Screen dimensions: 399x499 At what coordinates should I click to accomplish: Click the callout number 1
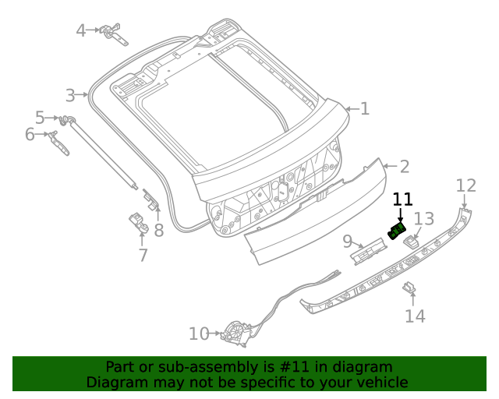coord(364,109)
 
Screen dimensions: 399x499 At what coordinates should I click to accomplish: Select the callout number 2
coord(404,166)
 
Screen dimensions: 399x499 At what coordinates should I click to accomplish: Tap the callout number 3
coord(71,95)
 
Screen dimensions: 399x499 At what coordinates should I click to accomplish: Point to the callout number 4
coord(82,30)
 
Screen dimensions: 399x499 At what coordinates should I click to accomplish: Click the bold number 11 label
coord(402,199)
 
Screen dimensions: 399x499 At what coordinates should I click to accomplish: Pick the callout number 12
coord(465,185)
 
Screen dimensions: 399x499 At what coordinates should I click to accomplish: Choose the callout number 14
coord(415,316)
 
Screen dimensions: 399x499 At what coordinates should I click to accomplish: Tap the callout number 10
coord(199,334)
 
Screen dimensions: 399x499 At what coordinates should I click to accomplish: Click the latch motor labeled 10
coord(235,334)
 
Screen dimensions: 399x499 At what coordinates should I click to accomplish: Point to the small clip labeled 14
coord(409,289)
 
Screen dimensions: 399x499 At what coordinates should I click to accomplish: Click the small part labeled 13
coord(412,240)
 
